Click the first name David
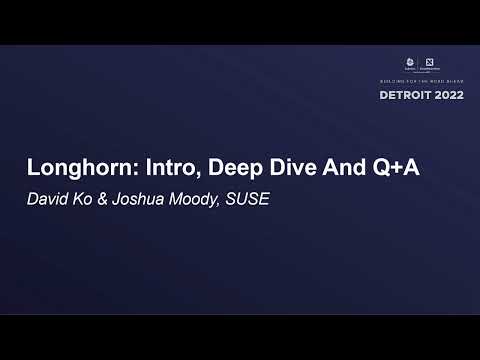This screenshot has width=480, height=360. pos(49,198)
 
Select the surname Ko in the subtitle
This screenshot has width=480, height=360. pos(89,198)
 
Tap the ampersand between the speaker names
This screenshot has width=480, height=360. pos(111,198)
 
